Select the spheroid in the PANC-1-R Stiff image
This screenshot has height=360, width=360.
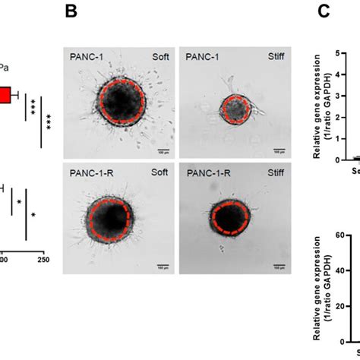tap(228, 219)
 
